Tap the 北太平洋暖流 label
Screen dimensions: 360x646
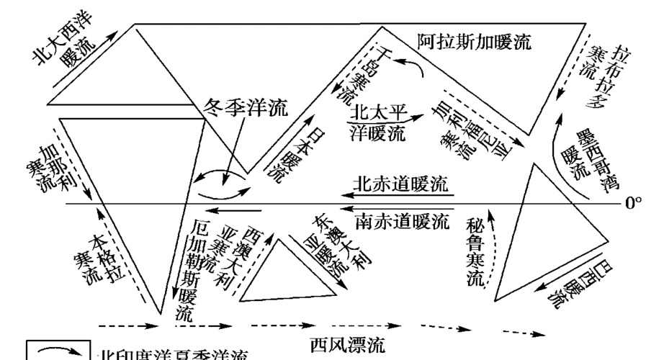click(x=378, y=122)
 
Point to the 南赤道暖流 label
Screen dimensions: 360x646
click(x=402, y=218)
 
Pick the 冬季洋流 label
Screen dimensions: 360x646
click(x=246, y=109)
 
